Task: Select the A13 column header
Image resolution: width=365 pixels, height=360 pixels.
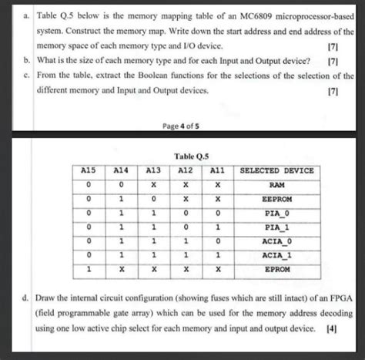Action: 154,170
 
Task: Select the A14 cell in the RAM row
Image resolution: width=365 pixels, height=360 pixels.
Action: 122,185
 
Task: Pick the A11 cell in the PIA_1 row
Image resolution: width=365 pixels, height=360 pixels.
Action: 218,228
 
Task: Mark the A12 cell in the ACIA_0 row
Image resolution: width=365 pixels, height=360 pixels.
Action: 186,242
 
